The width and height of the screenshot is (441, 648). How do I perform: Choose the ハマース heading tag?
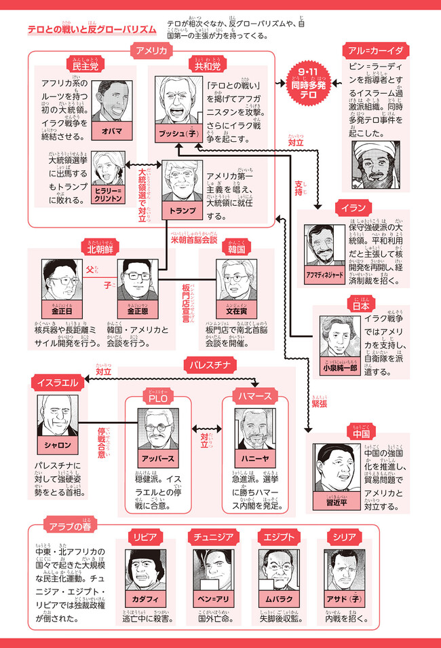(255, 395)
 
